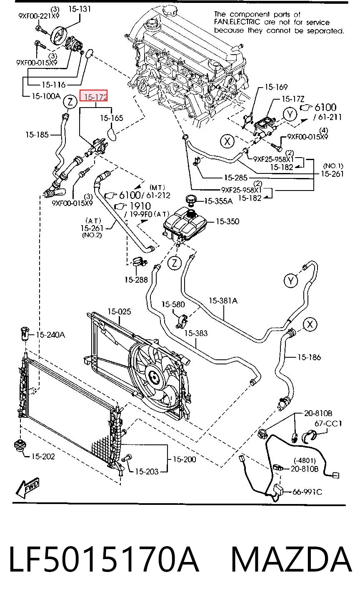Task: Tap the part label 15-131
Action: point(79,9)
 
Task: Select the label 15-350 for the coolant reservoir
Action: point(227,221)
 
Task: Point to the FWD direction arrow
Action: point(27,488)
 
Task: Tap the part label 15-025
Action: point(119,312)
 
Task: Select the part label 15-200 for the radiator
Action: point(184,459)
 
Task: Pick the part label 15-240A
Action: point(50,335)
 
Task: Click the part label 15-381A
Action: point(223,301)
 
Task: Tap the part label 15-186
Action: point(309,357)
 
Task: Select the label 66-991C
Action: point(307,492)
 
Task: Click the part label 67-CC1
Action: point(328,423)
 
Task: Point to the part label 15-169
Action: point(276,87)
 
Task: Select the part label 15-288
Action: point(136,280)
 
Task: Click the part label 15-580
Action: point(173,304)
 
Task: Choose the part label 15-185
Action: point(37,135)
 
